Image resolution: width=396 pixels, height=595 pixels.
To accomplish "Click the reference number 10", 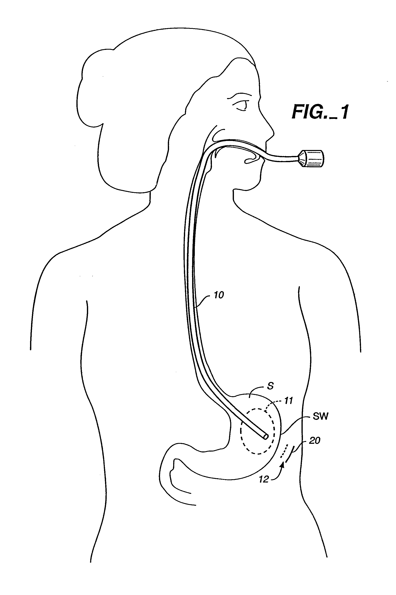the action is [219, 295].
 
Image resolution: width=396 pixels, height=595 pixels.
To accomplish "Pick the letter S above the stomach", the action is [270, 386].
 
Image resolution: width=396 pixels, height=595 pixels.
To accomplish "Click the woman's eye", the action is [242, 105].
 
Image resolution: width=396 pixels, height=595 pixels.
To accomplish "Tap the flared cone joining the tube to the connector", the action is [302, 159].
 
